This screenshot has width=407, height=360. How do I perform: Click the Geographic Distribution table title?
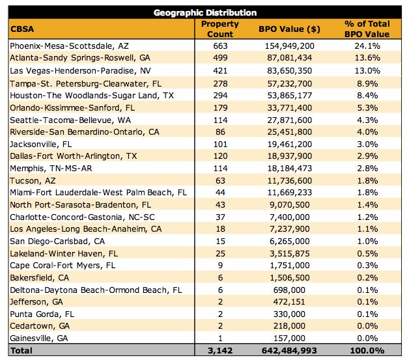pyautogui.click(x=204, y=12)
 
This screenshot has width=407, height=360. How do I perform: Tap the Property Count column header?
pyautogui.click(x=219, y=29)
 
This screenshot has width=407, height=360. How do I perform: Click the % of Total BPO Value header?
pyautogui.click(x=367, y=29)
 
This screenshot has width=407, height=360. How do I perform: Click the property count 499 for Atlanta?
pyautogui.click(x=219, y=59)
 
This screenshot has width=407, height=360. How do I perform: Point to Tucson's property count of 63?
pyautogui.click(x=219, y=181)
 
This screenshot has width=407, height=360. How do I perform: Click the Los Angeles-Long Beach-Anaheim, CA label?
pyautogui.click(x=77, y=230)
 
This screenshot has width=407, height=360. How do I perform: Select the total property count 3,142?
pyautogui.click(x=219, y=352)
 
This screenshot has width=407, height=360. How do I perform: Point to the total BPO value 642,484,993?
pyautogui.click(x=285, y=352)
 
